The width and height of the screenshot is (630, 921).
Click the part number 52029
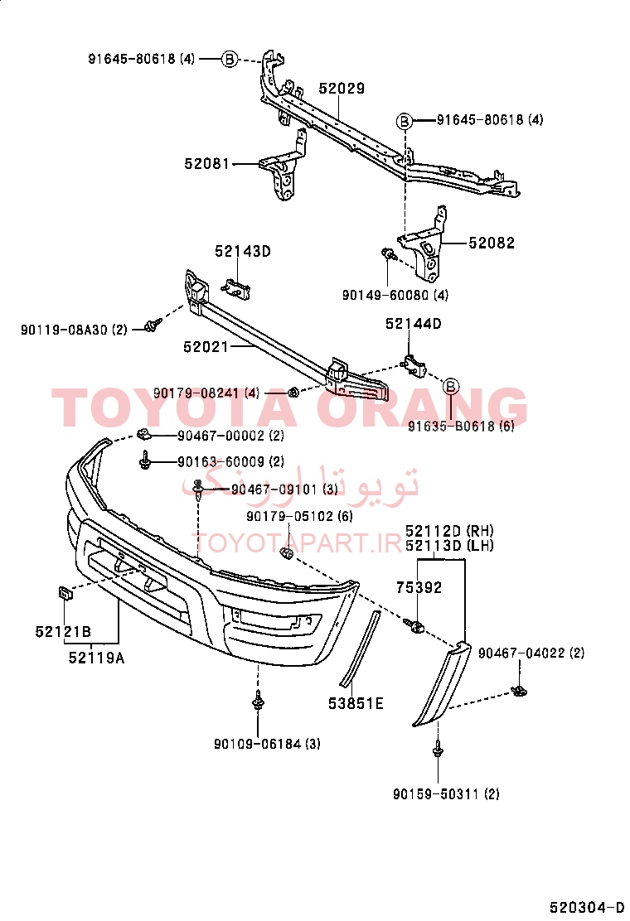342,88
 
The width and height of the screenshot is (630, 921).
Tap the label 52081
207,163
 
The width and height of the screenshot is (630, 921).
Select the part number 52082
492,243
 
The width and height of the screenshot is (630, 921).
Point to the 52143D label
243,252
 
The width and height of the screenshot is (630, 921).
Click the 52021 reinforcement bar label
206,346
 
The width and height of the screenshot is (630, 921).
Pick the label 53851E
356,703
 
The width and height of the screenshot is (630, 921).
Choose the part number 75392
419,587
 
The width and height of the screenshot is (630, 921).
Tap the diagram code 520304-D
587,907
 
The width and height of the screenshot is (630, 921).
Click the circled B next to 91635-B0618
451,386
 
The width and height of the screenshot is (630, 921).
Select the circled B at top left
230,59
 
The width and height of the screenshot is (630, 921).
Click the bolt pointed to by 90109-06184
258,700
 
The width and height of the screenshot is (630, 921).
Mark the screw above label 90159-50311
438,749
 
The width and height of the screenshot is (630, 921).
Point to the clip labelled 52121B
64,592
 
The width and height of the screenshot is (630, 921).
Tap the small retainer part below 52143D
236,287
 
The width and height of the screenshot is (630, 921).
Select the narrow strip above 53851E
361,649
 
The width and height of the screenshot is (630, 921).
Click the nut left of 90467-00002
143,435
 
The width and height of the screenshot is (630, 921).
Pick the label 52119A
96,658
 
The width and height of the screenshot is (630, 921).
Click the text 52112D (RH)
449,531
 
